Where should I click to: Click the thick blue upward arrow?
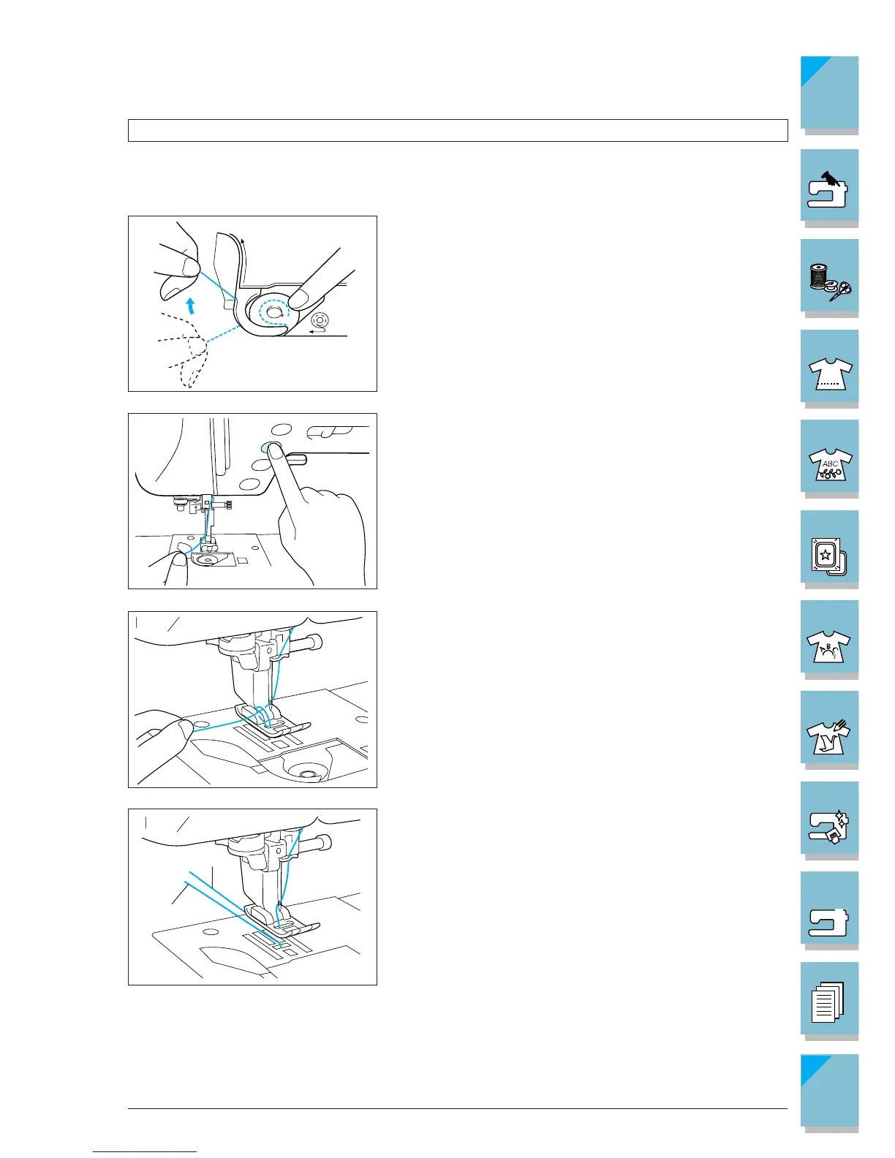pyautogui.click(x=190, y=306)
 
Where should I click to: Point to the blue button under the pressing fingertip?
pyautogui.click(x=268, y=446)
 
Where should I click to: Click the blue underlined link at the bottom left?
pyautogui.click(x=145, y=1151)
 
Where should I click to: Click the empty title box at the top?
pyautogui.click(x=457, y=131)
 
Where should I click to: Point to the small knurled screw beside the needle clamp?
pyautogui.click(x=228, y=504)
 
